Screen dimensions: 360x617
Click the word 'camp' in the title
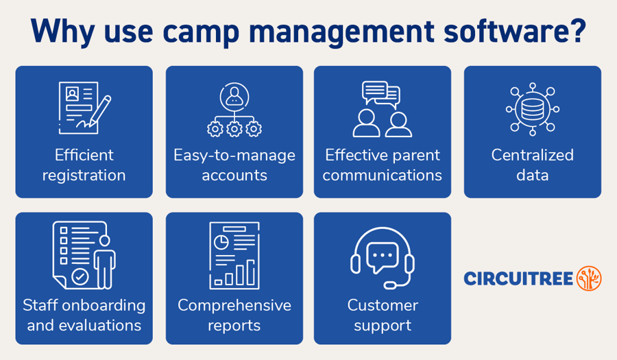click(204, 32)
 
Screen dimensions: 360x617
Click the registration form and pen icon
click(84, 107)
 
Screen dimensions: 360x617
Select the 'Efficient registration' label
click(84, 165)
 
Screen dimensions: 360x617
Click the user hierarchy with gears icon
click(234, 110)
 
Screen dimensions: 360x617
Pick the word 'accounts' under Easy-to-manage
click(234, 175)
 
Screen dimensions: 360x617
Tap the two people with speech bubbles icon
click(382, 109)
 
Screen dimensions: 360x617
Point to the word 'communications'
click(382, 175)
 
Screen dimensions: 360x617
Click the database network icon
click(532, 109)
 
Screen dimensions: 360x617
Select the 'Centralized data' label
click(532, 165)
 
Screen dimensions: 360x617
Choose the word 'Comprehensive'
click(234, 304)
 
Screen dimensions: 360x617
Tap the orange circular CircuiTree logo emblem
click(589, 278)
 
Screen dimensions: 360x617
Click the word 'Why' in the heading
click(59, 32)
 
